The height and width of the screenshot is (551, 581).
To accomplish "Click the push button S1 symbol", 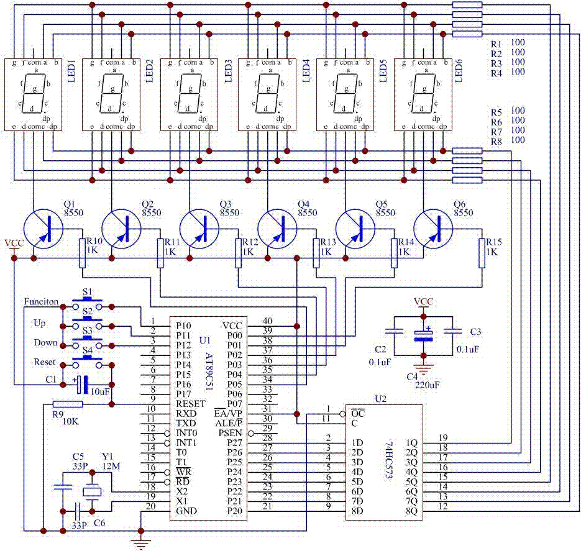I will (x=87, y=303).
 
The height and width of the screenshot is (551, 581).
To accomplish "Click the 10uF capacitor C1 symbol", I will (x=81, y=385).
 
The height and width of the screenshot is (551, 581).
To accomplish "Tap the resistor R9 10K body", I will (x=63, y=404).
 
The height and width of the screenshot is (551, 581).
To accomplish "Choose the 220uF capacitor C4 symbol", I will (x=424, y=335).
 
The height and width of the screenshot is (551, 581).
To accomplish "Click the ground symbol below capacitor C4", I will (x=424, y=370).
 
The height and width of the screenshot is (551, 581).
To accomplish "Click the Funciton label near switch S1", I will (x=41, y=302).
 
